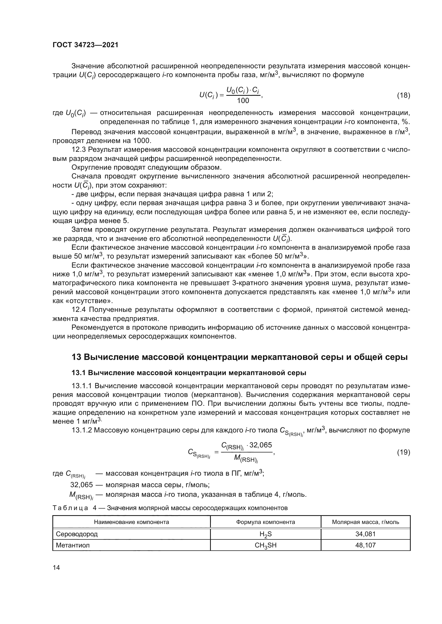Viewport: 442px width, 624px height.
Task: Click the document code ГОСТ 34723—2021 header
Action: [x=85, y=45]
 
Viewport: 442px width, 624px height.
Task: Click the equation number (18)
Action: [x=403, y=96]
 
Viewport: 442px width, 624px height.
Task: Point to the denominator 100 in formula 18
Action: [x=243, y=101]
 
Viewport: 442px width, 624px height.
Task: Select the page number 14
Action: [x=56, y=567]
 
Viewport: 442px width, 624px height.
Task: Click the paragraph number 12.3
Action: [x=79, y=150]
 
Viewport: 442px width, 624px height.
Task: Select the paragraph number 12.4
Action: [x=79, y=309]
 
